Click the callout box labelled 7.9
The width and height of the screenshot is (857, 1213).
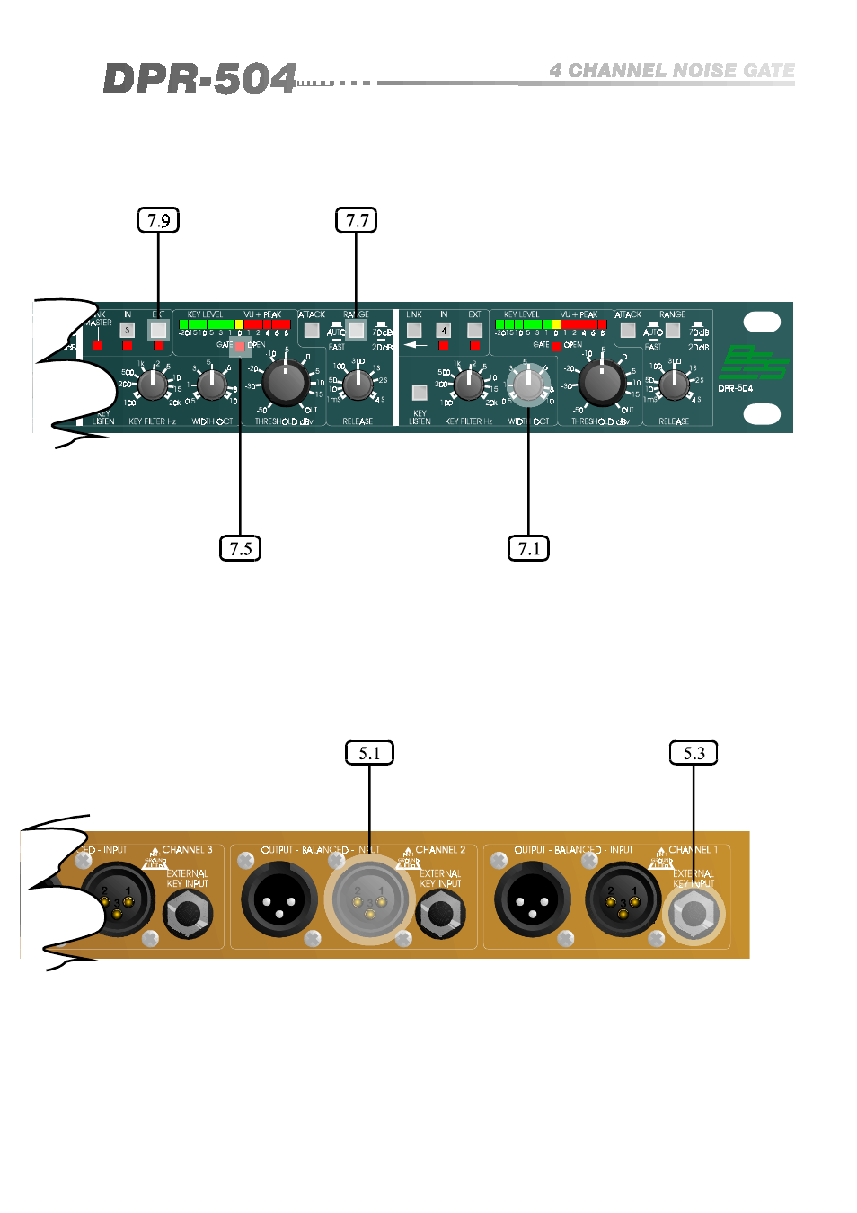tap(158, 220)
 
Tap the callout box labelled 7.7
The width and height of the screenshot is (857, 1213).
tap(357, 220)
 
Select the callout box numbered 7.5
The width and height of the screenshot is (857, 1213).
tap(240, 548)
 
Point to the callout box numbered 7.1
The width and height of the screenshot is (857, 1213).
tap(528, 548)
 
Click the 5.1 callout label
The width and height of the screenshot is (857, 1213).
tap(369, 753)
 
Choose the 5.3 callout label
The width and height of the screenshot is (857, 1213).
tap(694, 753)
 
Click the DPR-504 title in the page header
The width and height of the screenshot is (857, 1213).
tap(199, 79)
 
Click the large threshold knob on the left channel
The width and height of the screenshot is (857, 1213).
tap(286, 382)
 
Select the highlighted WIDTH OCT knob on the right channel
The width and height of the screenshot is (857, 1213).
tap(528, 384)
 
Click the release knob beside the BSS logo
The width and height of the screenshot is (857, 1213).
tap(674, 384)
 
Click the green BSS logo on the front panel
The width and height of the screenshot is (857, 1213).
tap(753, 362)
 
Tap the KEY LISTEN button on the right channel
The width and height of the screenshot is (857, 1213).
tap(420, 392)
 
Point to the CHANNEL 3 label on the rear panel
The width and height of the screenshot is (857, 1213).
tap(187, 850)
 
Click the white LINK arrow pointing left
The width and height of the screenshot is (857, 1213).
tap(415, 344)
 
